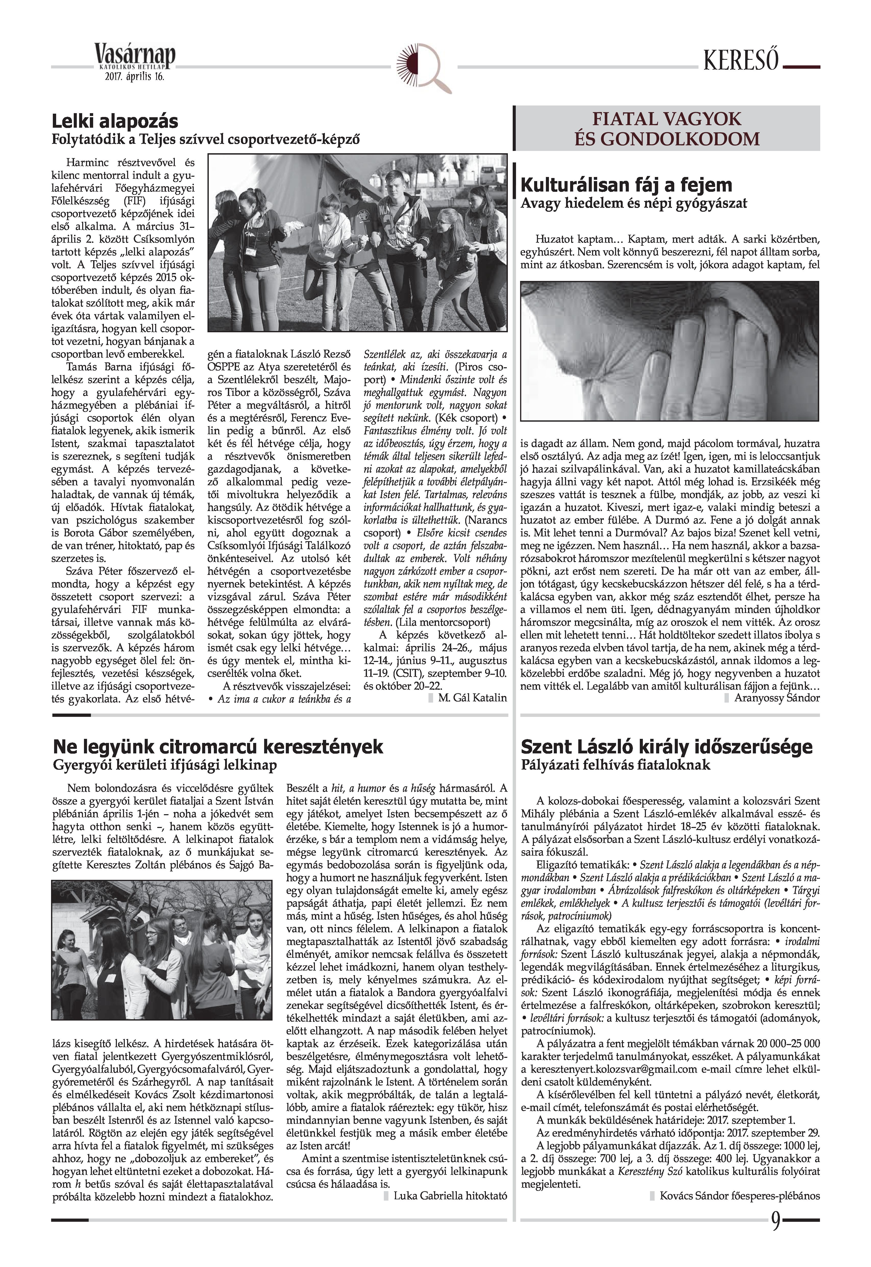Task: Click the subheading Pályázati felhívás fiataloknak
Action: click(x=616, y=765)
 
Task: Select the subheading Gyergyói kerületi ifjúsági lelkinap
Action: click(x=165, y=765)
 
